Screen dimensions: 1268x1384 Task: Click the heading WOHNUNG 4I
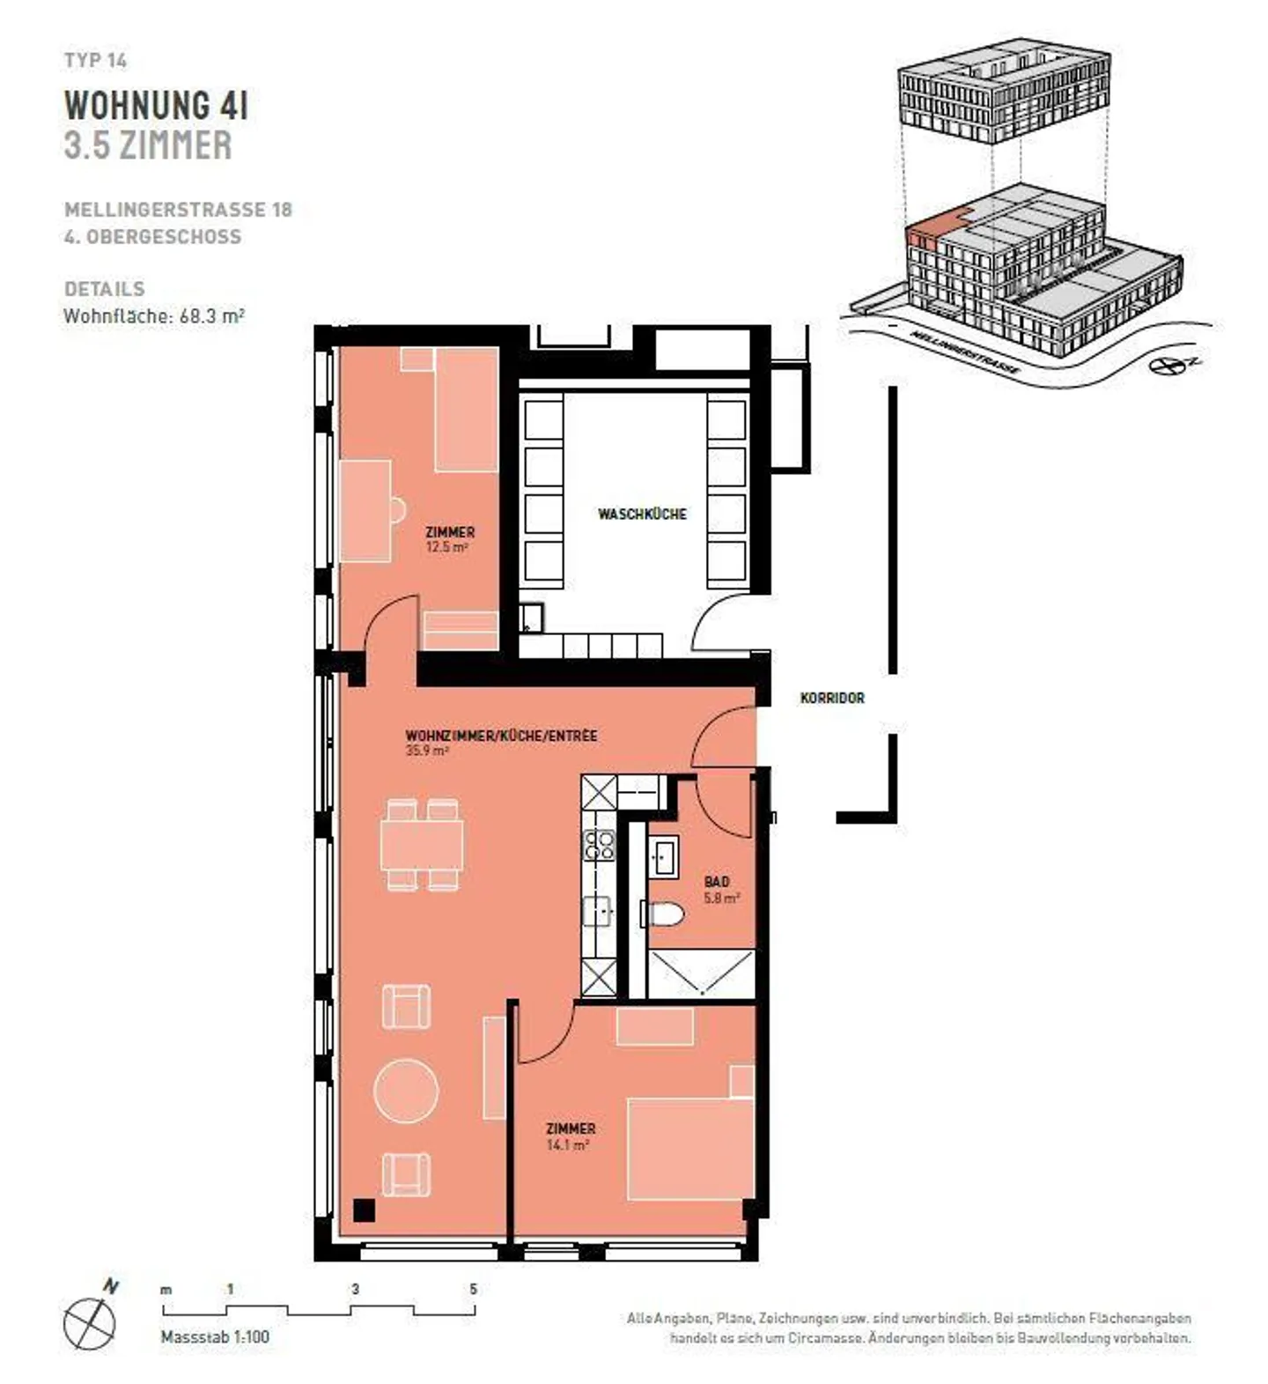click(x=156, y=105)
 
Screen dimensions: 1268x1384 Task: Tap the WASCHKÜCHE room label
click(x=642, y=514)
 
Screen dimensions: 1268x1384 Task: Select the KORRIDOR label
click(x=832, y=698)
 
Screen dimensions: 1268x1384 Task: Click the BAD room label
click(x=717, y=881)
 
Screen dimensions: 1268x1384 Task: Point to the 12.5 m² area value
click(x=446, y=547)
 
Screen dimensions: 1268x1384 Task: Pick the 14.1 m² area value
click(x=568, y=1145)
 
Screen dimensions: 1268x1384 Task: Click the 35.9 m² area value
click(x=427, y=751)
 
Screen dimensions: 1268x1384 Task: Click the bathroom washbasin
click(x=663, y=856)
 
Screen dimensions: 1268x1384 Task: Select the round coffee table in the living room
click(x=406, y=1090)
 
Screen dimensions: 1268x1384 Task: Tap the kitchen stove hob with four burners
click(x=599, y=845)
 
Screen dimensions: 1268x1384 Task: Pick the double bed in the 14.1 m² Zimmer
click(x=690, y=1148)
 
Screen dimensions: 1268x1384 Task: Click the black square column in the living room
click(x=364, y=1210)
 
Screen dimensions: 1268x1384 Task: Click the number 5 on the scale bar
click(x=473, y=1289)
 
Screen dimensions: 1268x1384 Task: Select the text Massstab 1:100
click(x=215, y=1336)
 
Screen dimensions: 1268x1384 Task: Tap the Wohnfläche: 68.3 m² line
click(x=154, y=316)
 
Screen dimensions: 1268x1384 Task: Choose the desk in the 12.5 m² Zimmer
click(x=365, y=511)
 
